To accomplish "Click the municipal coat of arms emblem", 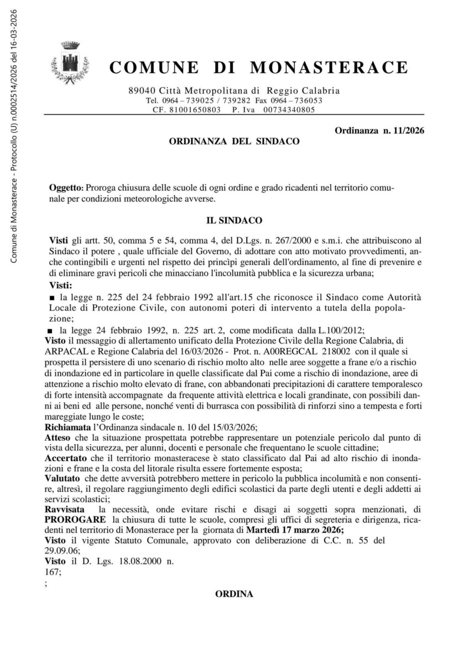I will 70,63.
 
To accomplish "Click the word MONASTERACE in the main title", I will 330,68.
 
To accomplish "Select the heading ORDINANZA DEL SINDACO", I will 234,142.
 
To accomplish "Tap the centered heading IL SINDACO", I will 234,220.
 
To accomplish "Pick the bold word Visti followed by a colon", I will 61,286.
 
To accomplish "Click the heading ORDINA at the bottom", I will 234,594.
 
